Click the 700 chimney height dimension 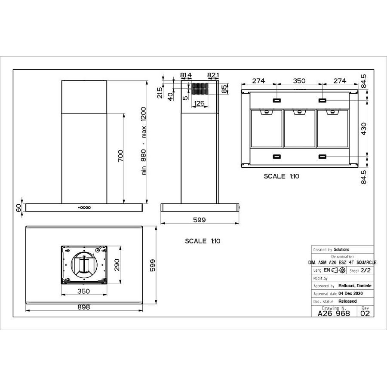coord(120,155)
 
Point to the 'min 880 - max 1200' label coord(144,141)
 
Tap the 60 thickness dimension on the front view coord(18,208)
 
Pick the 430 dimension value coord(363,129)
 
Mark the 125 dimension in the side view coord(199,103)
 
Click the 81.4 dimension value coord(186,75)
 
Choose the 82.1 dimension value coord(213,75)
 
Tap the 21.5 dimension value coord(160,92)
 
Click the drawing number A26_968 coord(334,313)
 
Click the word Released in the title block coord(347,301)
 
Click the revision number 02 coord(365,313)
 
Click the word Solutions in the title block coord(341,249)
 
